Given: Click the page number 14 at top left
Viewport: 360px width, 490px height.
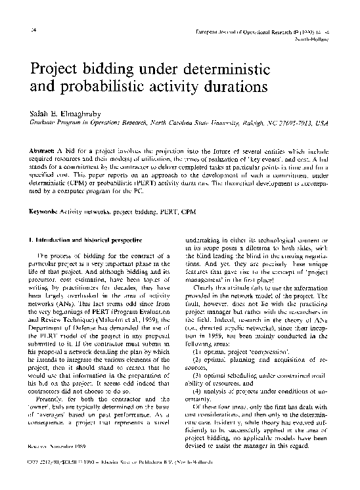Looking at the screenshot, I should (x=24, y=32).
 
